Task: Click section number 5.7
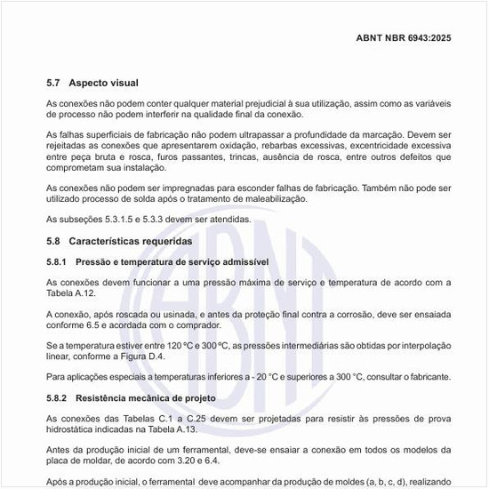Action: tap(54, 83)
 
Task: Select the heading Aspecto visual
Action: tap(104, 83)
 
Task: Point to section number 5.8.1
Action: tap(58, 262)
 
